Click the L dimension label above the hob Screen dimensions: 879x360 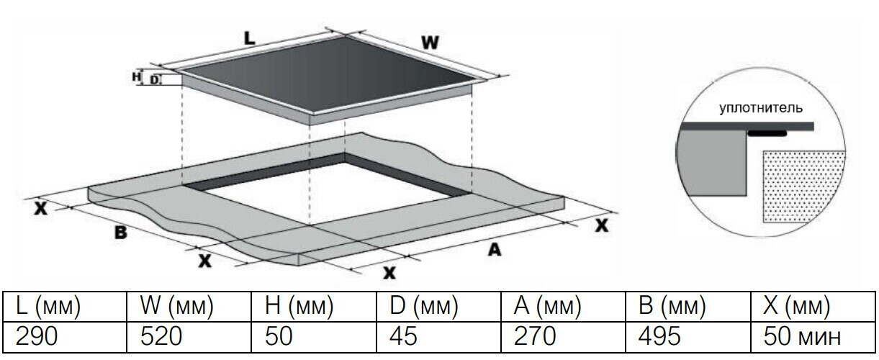click(x=250, y=38)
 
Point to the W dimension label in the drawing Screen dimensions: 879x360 click(x=430, y=42)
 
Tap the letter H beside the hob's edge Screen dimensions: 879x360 click(x=136, y=76)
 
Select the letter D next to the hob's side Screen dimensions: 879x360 click(x=155, y=80)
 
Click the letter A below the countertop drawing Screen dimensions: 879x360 click(x=495, y=249)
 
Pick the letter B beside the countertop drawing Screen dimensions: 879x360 click(x=121, y=233)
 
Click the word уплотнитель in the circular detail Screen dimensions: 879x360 click(x=761, y=108)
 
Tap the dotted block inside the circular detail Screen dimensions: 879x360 click(x=803, y=186)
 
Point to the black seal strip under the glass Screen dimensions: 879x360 click(x=767, y=133)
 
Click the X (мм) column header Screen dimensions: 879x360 click(x=797, y=305)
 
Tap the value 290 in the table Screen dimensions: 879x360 click(x=37, y=336)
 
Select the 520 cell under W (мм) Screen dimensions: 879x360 click(x=161, y=336)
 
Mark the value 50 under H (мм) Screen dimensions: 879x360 click(x=279, y=336)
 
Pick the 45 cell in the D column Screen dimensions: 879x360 click(x=403, y=336)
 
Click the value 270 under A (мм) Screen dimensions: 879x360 click(x=535, y=336)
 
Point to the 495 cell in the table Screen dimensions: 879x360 click(x=659, y=336)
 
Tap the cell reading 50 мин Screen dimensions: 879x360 click(x=802, y=336)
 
